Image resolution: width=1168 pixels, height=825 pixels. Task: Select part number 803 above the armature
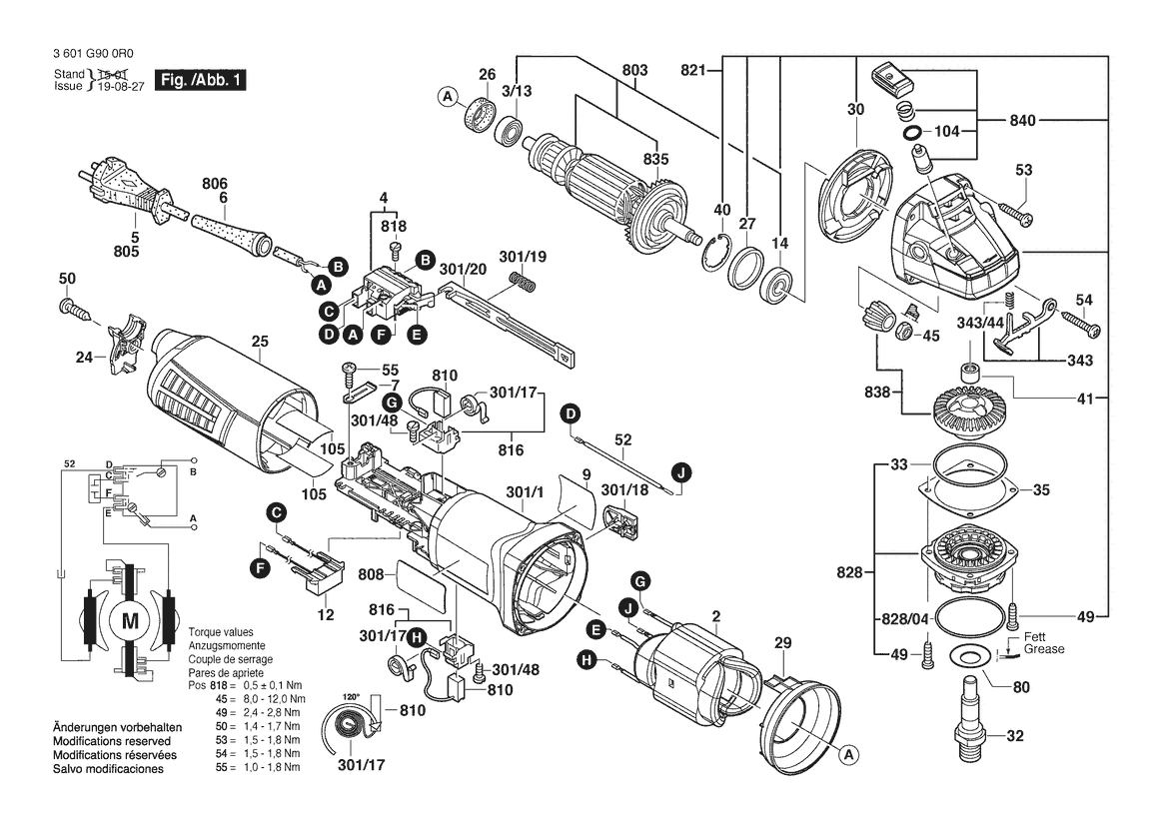634,70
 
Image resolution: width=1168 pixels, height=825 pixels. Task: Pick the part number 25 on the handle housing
260,342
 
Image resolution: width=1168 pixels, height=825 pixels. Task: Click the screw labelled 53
1015,213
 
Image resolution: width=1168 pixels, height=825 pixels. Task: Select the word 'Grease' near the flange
1044,649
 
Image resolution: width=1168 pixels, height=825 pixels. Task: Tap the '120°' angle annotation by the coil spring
351,696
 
